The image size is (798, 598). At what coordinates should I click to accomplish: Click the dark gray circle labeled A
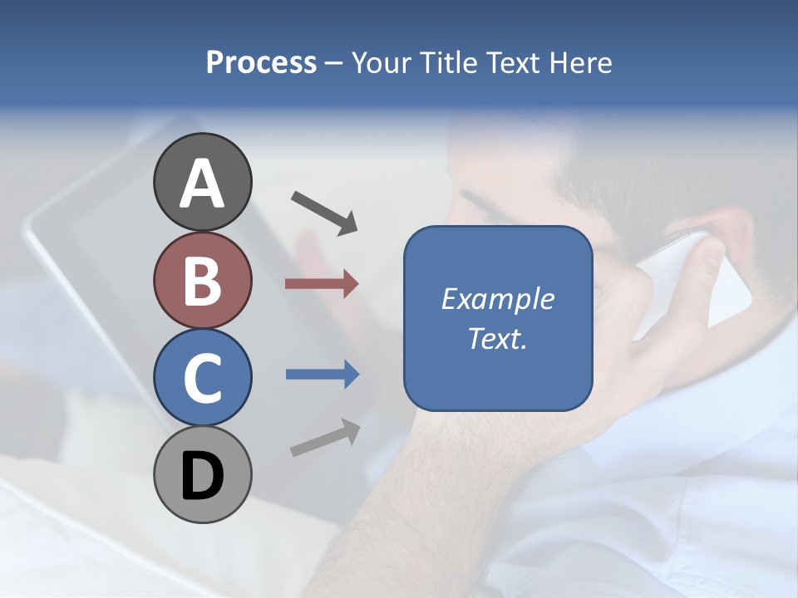(202, 182)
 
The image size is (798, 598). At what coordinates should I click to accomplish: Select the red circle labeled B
(202, 280)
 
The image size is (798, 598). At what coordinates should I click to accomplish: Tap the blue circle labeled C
(202, 377)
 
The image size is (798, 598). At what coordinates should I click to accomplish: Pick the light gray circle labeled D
(202, 474)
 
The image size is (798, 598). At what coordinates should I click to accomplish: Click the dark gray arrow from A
(323, 212)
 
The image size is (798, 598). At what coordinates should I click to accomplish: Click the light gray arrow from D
(325, 437)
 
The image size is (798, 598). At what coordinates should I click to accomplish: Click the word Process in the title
(261, 62)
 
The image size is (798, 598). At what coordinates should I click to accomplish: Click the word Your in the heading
(381, 62)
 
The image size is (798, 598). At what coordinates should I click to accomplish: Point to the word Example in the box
(498, 299)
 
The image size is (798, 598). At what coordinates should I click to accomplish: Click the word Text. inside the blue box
(498, 338)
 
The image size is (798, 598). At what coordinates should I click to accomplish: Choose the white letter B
(202, 280)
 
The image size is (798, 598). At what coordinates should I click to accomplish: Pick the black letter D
(202, 476)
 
